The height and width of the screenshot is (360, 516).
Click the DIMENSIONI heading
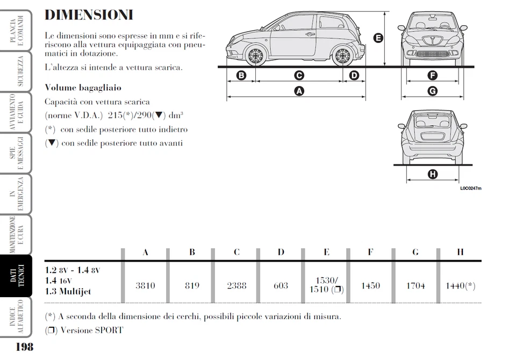click(x=89, y=15)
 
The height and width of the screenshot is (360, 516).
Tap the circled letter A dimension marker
click(x=299, y=91)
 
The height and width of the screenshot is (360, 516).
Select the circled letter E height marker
click(x=378, y=38)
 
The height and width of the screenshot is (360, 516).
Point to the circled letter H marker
click(x=432, y=174)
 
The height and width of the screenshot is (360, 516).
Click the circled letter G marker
click(x=432, y=91)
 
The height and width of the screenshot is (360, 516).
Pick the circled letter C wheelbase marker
click(x=299, y=76)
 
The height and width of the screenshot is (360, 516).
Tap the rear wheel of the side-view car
click(x=342, y=55)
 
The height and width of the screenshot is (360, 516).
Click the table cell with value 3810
click(x=145, y=285)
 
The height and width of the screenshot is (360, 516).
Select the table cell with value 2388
click(x=236, y=285)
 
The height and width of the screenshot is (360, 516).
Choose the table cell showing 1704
click(x=415, y=285)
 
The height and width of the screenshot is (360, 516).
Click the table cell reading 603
click(x=281, y=285)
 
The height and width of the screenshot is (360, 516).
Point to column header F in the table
click(x=370, y=252)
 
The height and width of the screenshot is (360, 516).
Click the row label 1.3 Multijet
click(x=68, y=292)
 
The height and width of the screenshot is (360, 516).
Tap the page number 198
click(x=24, y=347)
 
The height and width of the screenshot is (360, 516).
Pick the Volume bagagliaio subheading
click(x=83, y=88)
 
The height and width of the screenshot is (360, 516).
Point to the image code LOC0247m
click(x=470, y=188)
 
